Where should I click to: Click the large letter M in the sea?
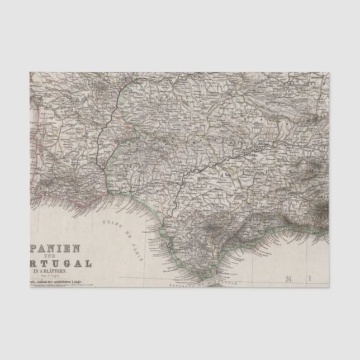290,278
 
